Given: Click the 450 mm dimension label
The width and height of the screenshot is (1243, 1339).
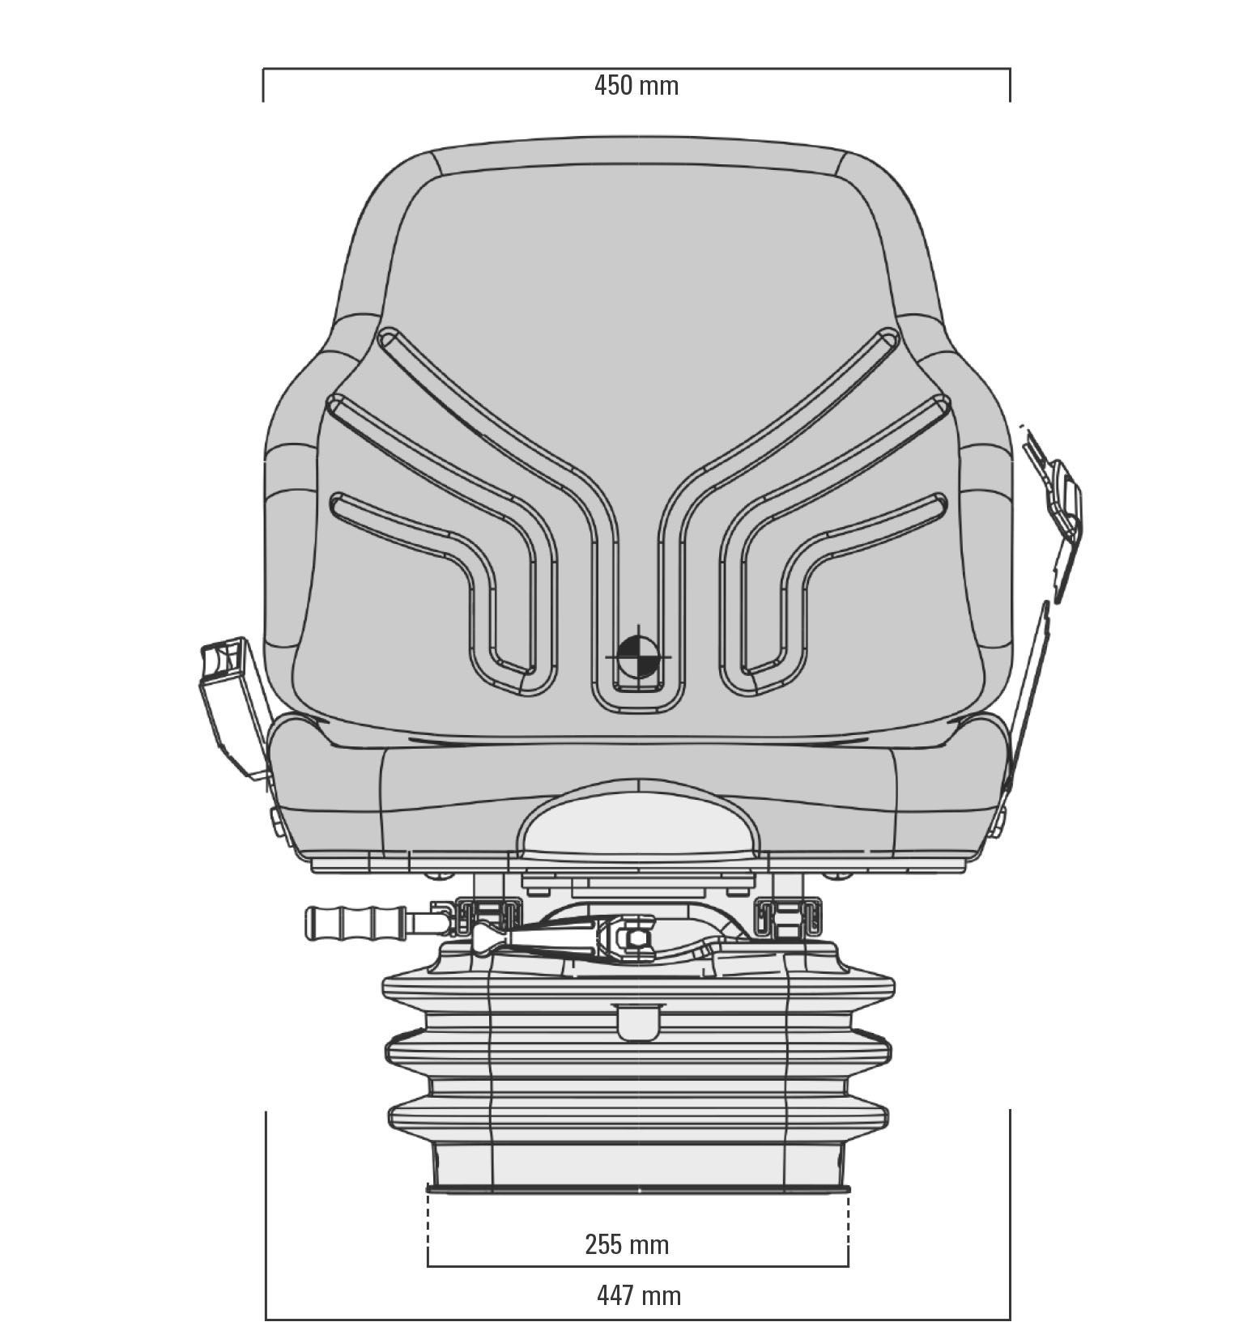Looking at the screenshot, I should pos(636,85).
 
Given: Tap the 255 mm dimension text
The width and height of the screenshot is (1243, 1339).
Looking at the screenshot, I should pos(627,1243).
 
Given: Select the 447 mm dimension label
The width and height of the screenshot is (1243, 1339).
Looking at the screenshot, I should pos(639,1295).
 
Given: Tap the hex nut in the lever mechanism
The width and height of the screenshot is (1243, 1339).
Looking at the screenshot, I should pos(635,940).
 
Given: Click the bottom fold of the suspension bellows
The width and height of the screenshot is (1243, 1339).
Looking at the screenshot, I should pos(640,1116).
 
